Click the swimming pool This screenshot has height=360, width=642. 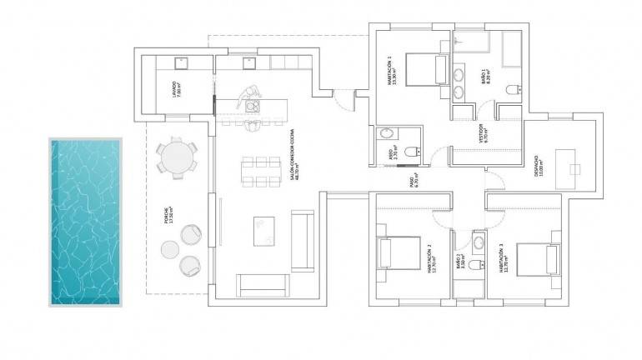point(86,222)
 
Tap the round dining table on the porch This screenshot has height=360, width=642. point(176,157)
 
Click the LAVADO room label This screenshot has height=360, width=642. point(175,89)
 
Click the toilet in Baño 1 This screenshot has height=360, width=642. point(513,88)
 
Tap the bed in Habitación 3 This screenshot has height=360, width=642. point(535,255)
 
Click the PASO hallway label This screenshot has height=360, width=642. point(414,182)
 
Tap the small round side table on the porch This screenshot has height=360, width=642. point(169,249)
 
